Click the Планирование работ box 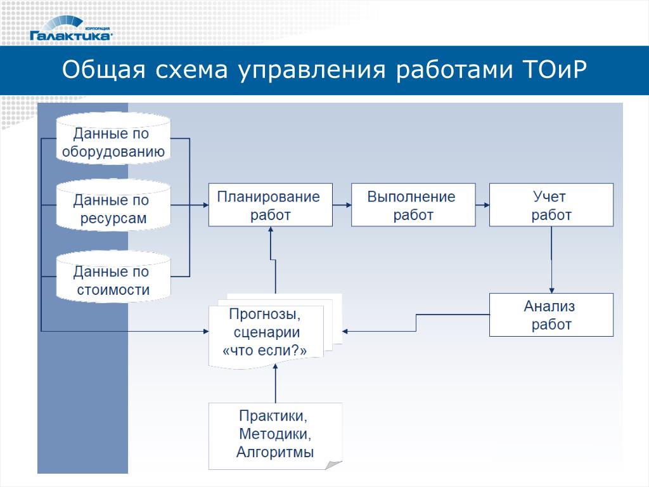pos(271,205)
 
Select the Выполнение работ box pos(413,205)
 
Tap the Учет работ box pos(551,205)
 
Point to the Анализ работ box pos(551,315)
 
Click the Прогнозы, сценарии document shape pos(266,333)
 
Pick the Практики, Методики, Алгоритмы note pos(275,435)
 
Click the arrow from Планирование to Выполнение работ pos(342,205)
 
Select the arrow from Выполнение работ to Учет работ pos(482,205)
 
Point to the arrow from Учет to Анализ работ pos(551,260)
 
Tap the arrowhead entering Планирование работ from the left pos(205,205)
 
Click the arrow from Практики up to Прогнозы pos(275,384)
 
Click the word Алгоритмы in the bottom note pos(275,453)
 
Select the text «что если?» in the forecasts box pos(266,349)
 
